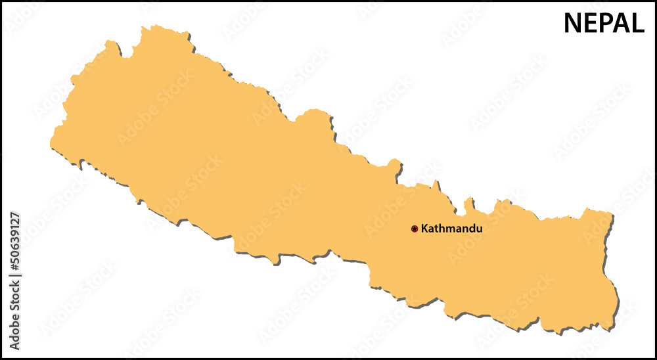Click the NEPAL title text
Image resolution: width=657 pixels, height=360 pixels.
[604, 24]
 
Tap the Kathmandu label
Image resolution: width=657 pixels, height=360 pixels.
[451, 229]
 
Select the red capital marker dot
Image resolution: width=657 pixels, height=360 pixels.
[415, 229]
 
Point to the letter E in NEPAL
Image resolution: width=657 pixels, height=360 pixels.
[590, 24]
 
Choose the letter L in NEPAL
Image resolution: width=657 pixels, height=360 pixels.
[637, 24]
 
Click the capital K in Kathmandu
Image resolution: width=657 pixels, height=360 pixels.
[424, 229]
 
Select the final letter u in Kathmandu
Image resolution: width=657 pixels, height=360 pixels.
[479, 229]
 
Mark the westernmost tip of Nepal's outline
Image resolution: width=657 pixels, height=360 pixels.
[51, 143]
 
